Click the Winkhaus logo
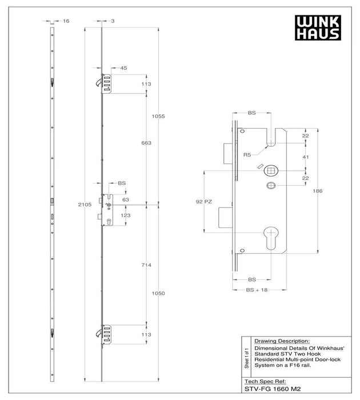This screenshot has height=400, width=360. click(318, 27)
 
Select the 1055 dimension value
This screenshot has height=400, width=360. click(158, 116)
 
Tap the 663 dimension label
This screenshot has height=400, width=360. click(146, 143)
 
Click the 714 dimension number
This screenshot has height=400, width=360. click(146, 266)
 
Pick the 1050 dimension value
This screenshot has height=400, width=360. click(158, 293)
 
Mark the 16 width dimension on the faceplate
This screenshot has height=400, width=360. click(66, 21)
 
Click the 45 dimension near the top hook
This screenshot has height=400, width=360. click(123, 68)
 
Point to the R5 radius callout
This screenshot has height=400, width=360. click(247, 154)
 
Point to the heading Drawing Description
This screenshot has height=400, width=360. click(281, 339)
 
